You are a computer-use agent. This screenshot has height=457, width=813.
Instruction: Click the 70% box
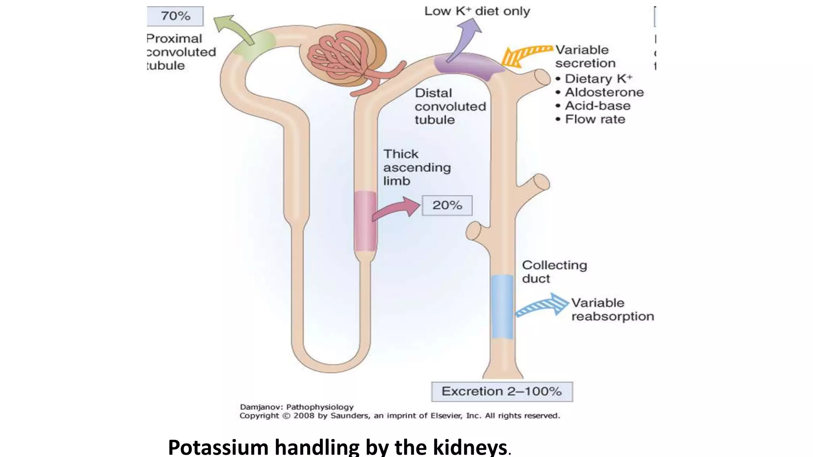175,16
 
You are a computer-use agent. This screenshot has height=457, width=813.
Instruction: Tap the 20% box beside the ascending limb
447,205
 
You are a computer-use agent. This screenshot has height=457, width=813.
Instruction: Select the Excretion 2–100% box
502,392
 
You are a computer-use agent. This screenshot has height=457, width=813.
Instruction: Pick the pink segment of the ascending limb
365,221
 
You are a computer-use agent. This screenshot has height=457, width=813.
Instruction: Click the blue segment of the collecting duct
503,306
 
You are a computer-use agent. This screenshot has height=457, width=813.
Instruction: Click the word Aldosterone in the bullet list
604,92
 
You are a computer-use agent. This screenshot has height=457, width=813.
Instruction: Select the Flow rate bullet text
595,119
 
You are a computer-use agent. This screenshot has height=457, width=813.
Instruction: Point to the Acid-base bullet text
597,106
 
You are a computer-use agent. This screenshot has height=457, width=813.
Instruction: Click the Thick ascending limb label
416,167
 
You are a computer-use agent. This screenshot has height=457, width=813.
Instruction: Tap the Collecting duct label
554,272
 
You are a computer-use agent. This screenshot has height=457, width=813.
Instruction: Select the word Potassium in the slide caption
218,447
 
